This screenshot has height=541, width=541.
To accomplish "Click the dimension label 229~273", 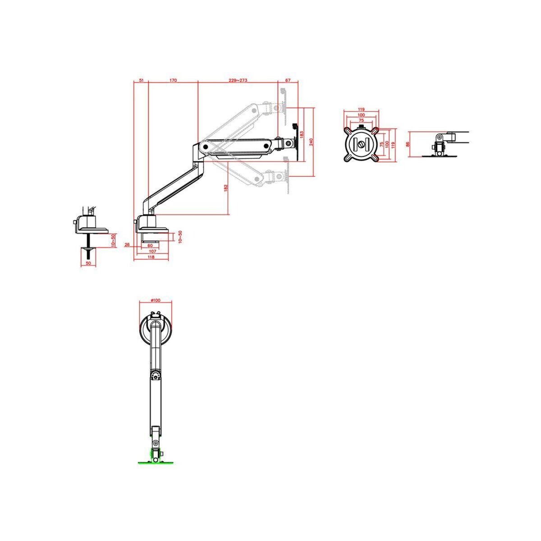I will tap(238, 80).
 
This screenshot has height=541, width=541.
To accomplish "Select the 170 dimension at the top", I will tap(173, 80).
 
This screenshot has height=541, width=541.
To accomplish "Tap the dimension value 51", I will tap(141, 80).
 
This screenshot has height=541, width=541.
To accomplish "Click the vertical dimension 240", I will tap(311, 142).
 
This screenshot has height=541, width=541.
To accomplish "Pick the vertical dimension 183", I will tap(302, 134).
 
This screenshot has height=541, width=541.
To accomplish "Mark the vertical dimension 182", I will tap(226, 188).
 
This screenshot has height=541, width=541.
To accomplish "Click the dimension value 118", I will tap(151, 257).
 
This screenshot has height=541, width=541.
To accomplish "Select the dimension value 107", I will tap(152, 251).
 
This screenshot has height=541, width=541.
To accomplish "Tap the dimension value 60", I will tap(150, 246).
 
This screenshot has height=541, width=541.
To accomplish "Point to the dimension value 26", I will tap(127, 245).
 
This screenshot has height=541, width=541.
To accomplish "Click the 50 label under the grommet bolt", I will tap(88, 263).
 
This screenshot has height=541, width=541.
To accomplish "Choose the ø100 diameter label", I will tap(155, 301).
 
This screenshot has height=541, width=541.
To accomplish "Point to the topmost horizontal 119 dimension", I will tap(361, 109).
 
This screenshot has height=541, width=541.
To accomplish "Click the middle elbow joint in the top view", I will tap(155, 375).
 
